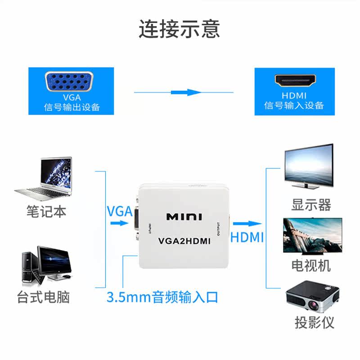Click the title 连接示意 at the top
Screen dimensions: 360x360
[x=179, y=29]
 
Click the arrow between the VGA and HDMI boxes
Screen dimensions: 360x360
[x=186, y=92]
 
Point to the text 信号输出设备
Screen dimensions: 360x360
[x=72, y=107]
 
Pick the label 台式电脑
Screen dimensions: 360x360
[x=44, y=297]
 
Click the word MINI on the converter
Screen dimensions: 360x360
[x=184, y=217]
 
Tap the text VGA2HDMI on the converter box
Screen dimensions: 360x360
[x=184, y=241]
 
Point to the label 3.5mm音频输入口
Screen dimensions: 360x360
[x=162, y=297]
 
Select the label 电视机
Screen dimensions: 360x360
[x=311, y=265]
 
